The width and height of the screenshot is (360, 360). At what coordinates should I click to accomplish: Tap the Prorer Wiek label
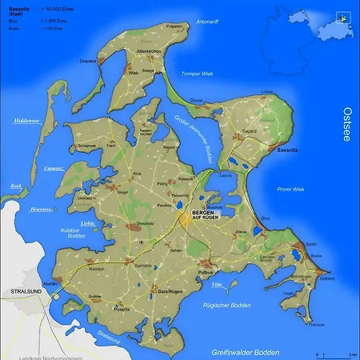[x=293, y=189]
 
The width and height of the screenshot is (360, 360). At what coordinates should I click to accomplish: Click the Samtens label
[x=143, y=264]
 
